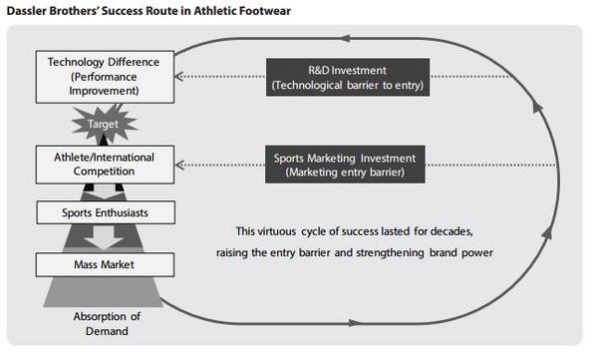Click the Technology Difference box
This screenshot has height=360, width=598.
[x=105, y=77]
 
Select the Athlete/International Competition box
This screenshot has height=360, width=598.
[x=105, y=165]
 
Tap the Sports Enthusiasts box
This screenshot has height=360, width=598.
[x=106, y=212]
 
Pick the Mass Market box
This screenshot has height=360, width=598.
[x=105, y=264]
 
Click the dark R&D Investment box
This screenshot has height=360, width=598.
[x=348, y=77]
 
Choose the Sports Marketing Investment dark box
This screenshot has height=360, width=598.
[x=345, y=165]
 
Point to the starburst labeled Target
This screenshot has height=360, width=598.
[x=104, y=124]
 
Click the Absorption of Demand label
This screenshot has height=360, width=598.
[x=107, y=324]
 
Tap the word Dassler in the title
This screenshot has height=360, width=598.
[x=26, y=11]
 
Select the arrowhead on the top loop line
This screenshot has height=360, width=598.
[x=345, y=38]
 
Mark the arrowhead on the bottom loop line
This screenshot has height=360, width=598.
[x=355, y=323]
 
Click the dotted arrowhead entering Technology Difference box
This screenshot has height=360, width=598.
[x=179, y=77]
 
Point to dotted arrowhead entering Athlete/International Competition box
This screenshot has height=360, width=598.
[x=179, y=165]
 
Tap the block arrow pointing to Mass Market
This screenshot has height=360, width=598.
[x=104, y=238]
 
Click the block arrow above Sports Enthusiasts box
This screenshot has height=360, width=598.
[x=104, y=191]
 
